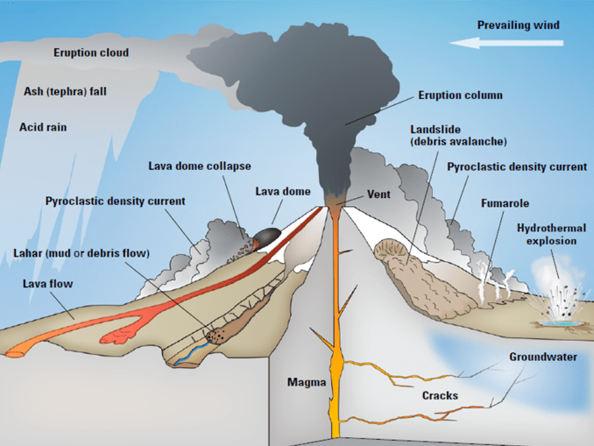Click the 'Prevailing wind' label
tap(518, 25)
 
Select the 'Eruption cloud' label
tap(91, 53)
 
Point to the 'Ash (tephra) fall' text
tap(66, 91)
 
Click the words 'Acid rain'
tap(43, 127)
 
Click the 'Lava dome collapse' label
tap(199, 166)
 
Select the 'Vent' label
tap(378, 194)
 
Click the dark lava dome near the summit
tap(266, 235)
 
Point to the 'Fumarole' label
tap(505, 203)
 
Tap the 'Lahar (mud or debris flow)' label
tap(81, 253)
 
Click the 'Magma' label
tap(307, 383)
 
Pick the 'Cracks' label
tap(440, 396)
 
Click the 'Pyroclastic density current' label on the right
tap(517, 166)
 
